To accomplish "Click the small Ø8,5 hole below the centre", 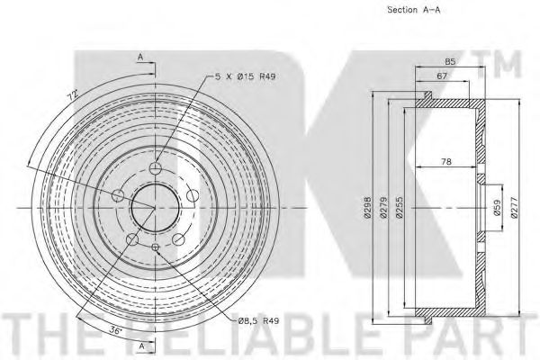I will [157, 247].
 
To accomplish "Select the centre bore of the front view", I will [157, 208].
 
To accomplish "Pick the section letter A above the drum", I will [140, 57].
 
